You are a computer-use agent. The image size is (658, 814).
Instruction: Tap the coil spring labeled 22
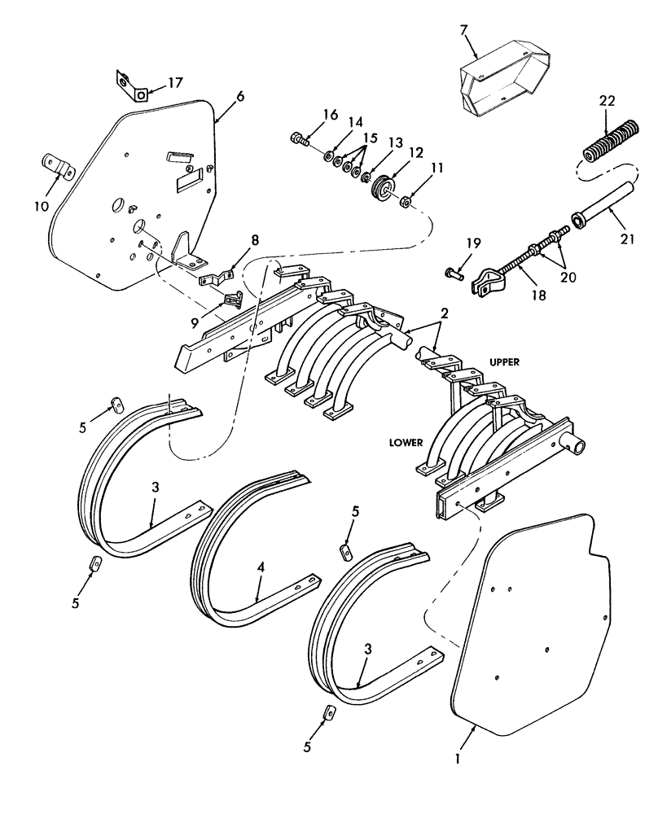coord(604,143)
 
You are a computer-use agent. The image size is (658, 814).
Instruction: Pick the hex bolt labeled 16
coord(299,141)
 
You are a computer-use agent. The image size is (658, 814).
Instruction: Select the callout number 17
coord(176,81)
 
